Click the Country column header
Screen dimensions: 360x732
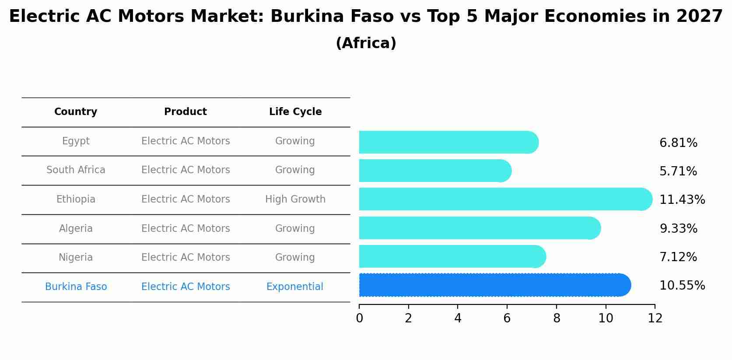click(x=76, y=112)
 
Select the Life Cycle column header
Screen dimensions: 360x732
click(x=295, y=112)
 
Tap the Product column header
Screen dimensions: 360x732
click(x=186, y=112)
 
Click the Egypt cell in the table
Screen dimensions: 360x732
click(x=76, y=141)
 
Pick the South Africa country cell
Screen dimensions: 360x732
click(x=76, y=170)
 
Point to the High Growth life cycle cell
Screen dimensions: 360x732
click(x=295, y=199)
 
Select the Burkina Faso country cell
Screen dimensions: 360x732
click(x=76, y=287)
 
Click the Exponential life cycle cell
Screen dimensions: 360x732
click(x=295, y=287)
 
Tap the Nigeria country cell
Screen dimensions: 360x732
click(x=76, y=258)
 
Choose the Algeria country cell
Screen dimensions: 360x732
click(x=76, y=229)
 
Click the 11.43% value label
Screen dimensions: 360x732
click(x=682, y=200)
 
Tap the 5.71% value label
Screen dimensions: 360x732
click(x=678, y=171)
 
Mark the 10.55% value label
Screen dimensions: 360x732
click(x=682, y=286)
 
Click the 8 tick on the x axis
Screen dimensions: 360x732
click(x=557, y=318)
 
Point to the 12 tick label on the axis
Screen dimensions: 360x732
click(x=655, y=318)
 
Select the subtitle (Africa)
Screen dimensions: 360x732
click(x=366, y=43)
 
